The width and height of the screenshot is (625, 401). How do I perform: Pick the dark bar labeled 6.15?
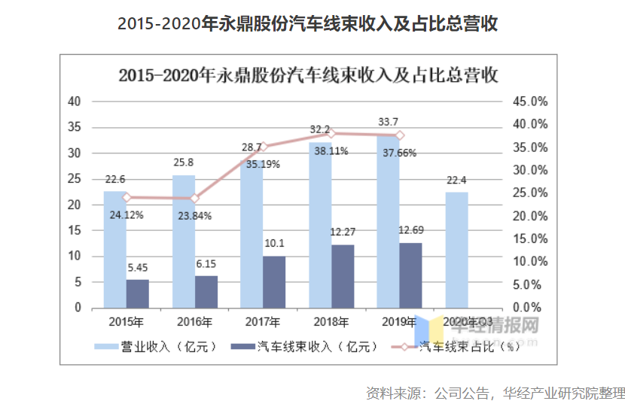pos(206,291)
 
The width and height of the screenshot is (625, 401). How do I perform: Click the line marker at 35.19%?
pos(264,146)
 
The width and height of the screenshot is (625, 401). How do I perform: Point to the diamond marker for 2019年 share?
pos(400,135)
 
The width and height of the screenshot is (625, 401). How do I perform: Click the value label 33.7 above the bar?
pos(389,122)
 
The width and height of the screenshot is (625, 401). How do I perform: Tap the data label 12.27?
pos(343,231)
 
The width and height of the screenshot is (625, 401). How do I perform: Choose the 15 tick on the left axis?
pos(74,230)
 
